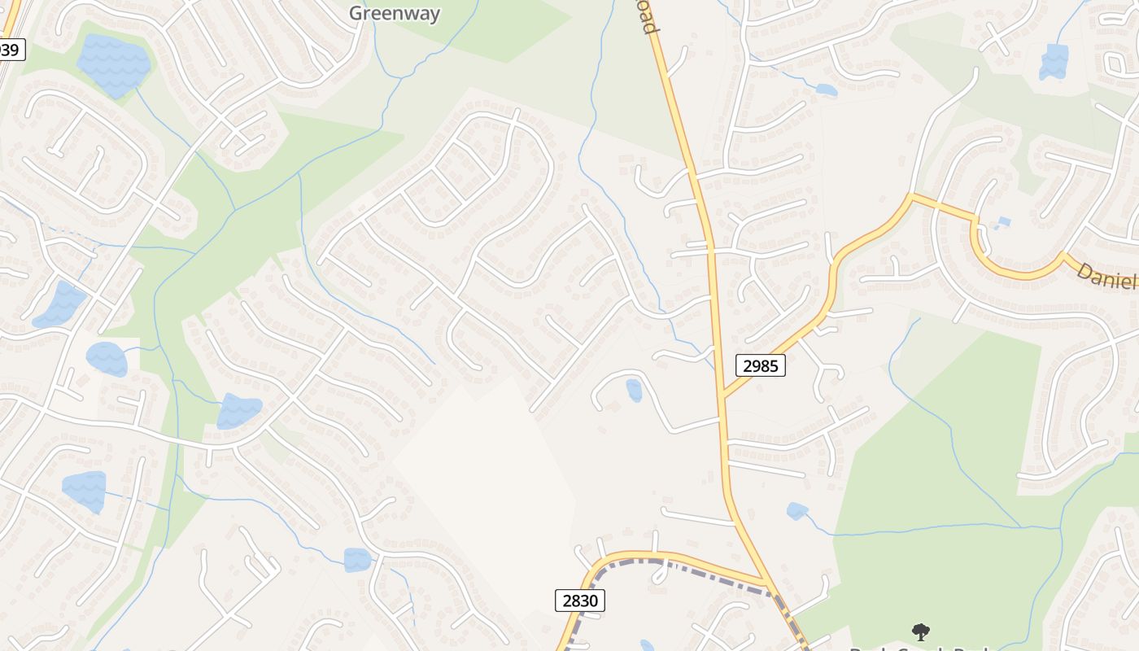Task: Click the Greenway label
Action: tap(395, 13)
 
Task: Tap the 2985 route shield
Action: tap(760, 365)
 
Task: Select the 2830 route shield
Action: tap(580, 601)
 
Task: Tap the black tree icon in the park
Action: tap(920, 631)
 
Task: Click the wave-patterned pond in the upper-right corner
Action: tap(1054, 62)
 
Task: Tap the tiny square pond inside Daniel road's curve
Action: tap(1004, 221)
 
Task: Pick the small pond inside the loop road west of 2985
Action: tap(634, 391)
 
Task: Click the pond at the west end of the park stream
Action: tap(796, 511)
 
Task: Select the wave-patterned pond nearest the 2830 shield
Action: tap(357, 560)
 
